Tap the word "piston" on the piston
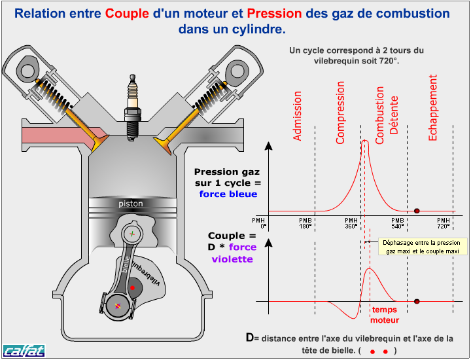tap(131, 204)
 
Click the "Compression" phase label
tap(340, 112)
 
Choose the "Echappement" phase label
tap(433, 107)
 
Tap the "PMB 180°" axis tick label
tap(305, 223)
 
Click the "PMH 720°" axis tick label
tap(444, 223)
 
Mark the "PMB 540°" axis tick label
tap(397, 223)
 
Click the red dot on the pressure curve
tap(417, 211)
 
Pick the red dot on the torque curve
tap(417, 302)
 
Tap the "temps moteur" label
tap(384, 315)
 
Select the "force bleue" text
tap(228, 194)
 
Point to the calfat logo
tap(24, 350)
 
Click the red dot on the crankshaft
tap(132, 287)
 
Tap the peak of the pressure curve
tap(364, 141)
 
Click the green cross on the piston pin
tap(131, 234)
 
